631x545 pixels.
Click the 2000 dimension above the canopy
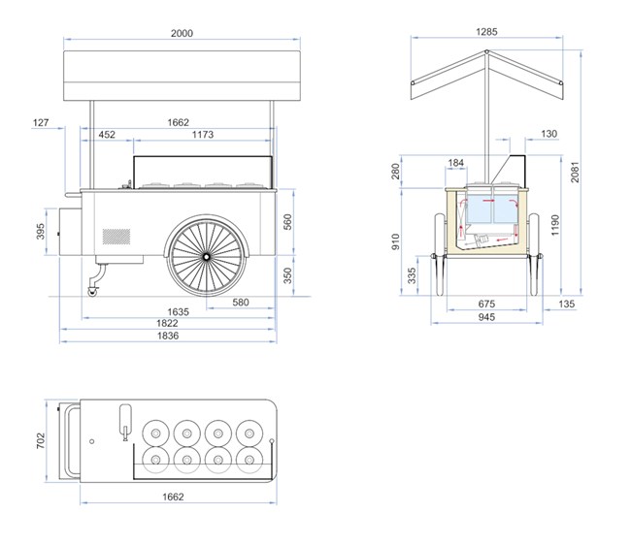[x=182, y=33]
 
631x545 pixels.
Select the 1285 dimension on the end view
[x=486, y=31]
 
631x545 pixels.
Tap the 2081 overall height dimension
[x=575, y=172]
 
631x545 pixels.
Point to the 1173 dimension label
[x=203, y=134]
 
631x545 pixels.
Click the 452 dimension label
[x=107, y=134]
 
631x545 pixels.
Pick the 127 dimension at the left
[x=41, y=122]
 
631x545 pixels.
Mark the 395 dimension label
[x=40, y=231]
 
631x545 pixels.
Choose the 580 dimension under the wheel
[x=241, y=302]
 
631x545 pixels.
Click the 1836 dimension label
[x=167, y=336]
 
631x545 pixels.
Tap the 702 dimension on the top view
[x=41, y=441]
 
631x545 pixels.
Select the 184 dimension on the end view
[x=455, y=162]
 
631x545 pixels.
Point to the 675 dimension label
[x=486, y=304]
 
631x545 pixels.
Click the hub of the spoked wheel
[x=206, y=256]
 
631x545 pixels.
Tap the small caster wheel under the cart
[x=92, y=292]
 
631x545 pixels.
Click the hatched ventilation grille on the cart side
[x=116, y=237]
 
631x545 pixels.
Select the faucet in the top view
[x=125, y=422]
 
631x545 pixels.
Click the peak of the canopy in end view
[x=486, y=51]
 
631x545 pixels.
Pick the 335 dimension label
[x=412, y=275]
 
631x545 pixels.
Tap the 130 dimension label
[x=548, y=134]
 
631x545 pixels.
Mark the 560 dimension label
[x=287, y=222]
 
